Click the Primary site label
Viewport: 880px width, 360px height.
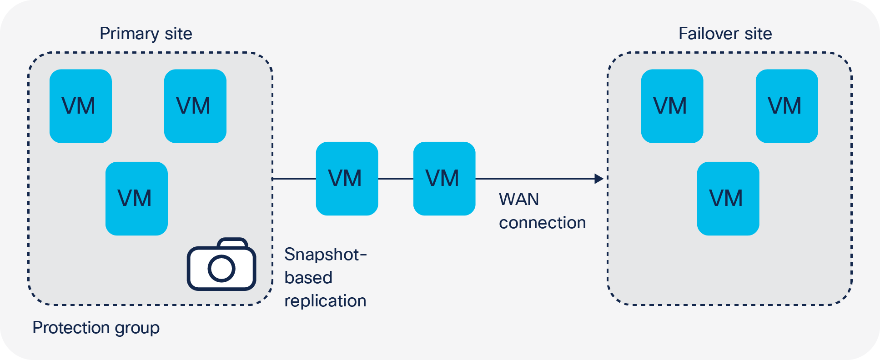[x=146, y=34]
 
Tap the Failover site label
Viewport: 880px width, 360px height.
[x=725, y=34]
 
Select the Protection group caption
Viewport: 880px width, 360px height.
[x=96, y=328]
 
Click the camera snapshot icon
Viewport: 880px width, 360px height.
[x=221, y=265]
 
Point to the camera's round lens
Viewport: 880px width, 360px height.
[x=221, y=268]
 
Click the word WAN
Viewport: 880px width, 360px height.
[x=519, y=199]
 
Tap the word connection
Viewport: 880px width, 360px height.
[x=542, y=223]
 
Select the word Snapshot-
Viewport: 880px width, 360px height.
[x=325, y=255]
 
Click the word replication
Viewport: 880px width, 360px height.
[x=325, y=301]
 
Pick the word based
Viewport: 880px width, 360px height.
[x=308, y=278]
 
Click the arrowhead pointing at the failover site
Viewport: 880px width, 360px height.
[x=599, y=179]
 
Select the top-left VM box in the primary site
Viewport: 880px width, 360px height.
[x=80, y=106]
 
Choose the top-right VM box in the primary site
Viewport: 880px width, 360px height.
[x=195, y=106]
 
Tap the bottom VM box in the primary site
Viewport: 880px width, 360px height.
[x=136, y=199]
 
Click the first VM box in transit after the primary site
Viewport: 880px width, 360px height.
[x=347, y=179]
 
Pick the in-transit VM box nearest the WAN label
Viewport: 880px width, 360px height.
[x=444, y=179]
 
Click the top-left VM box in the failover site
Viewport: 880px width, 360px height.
[x=672, y=106]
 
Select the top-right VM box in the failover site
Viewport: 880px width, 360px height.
[x=787, y=106]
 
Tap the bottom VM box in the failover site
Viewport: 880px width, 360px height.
[x=728, y=199]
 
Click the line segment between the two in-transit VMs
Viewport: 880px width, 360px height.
[x=396, y=179]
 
